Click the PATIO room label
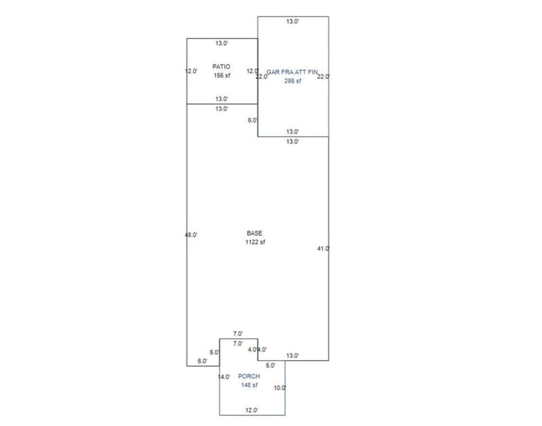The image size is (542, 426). coord(222,66)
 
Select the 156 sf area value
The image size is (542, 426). coord(222,75)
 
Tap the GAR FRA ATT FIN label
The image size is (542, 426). coord(292,72)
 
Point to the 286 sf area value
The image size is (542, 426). coord(293,81)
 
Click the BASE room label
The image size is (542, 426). coord(255,233)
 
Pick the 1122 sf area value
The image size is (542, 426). coord(255,242)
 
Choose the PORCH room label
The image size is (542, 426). coord(249,376)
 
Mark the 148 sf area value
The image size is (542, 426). coord(249,385)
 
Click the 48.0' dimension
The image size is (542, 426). coord(191,235)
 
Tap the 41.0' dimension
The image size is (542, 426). coord(324,248)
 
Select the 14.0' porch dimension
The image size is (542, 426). coord(224,377)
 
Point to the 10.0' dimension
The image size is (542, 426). coord(280,388)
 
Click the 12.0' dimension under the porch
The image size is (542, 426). coord(251,410)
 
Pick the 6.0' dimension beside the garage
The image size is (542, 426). coord(253,121)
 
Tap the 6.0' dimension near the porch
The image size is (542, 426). coord(203,361)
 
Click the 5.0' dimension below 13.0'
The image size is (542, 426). coord(270,366)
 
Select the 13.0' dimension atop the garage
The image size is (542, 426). coord(293,22)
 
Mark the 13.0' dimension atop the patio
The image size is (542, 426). coord(222,43)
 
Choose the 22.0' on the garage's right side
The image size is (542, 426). coord(324,77)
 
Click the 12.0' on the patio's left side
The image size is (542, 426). coord(191,71)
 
